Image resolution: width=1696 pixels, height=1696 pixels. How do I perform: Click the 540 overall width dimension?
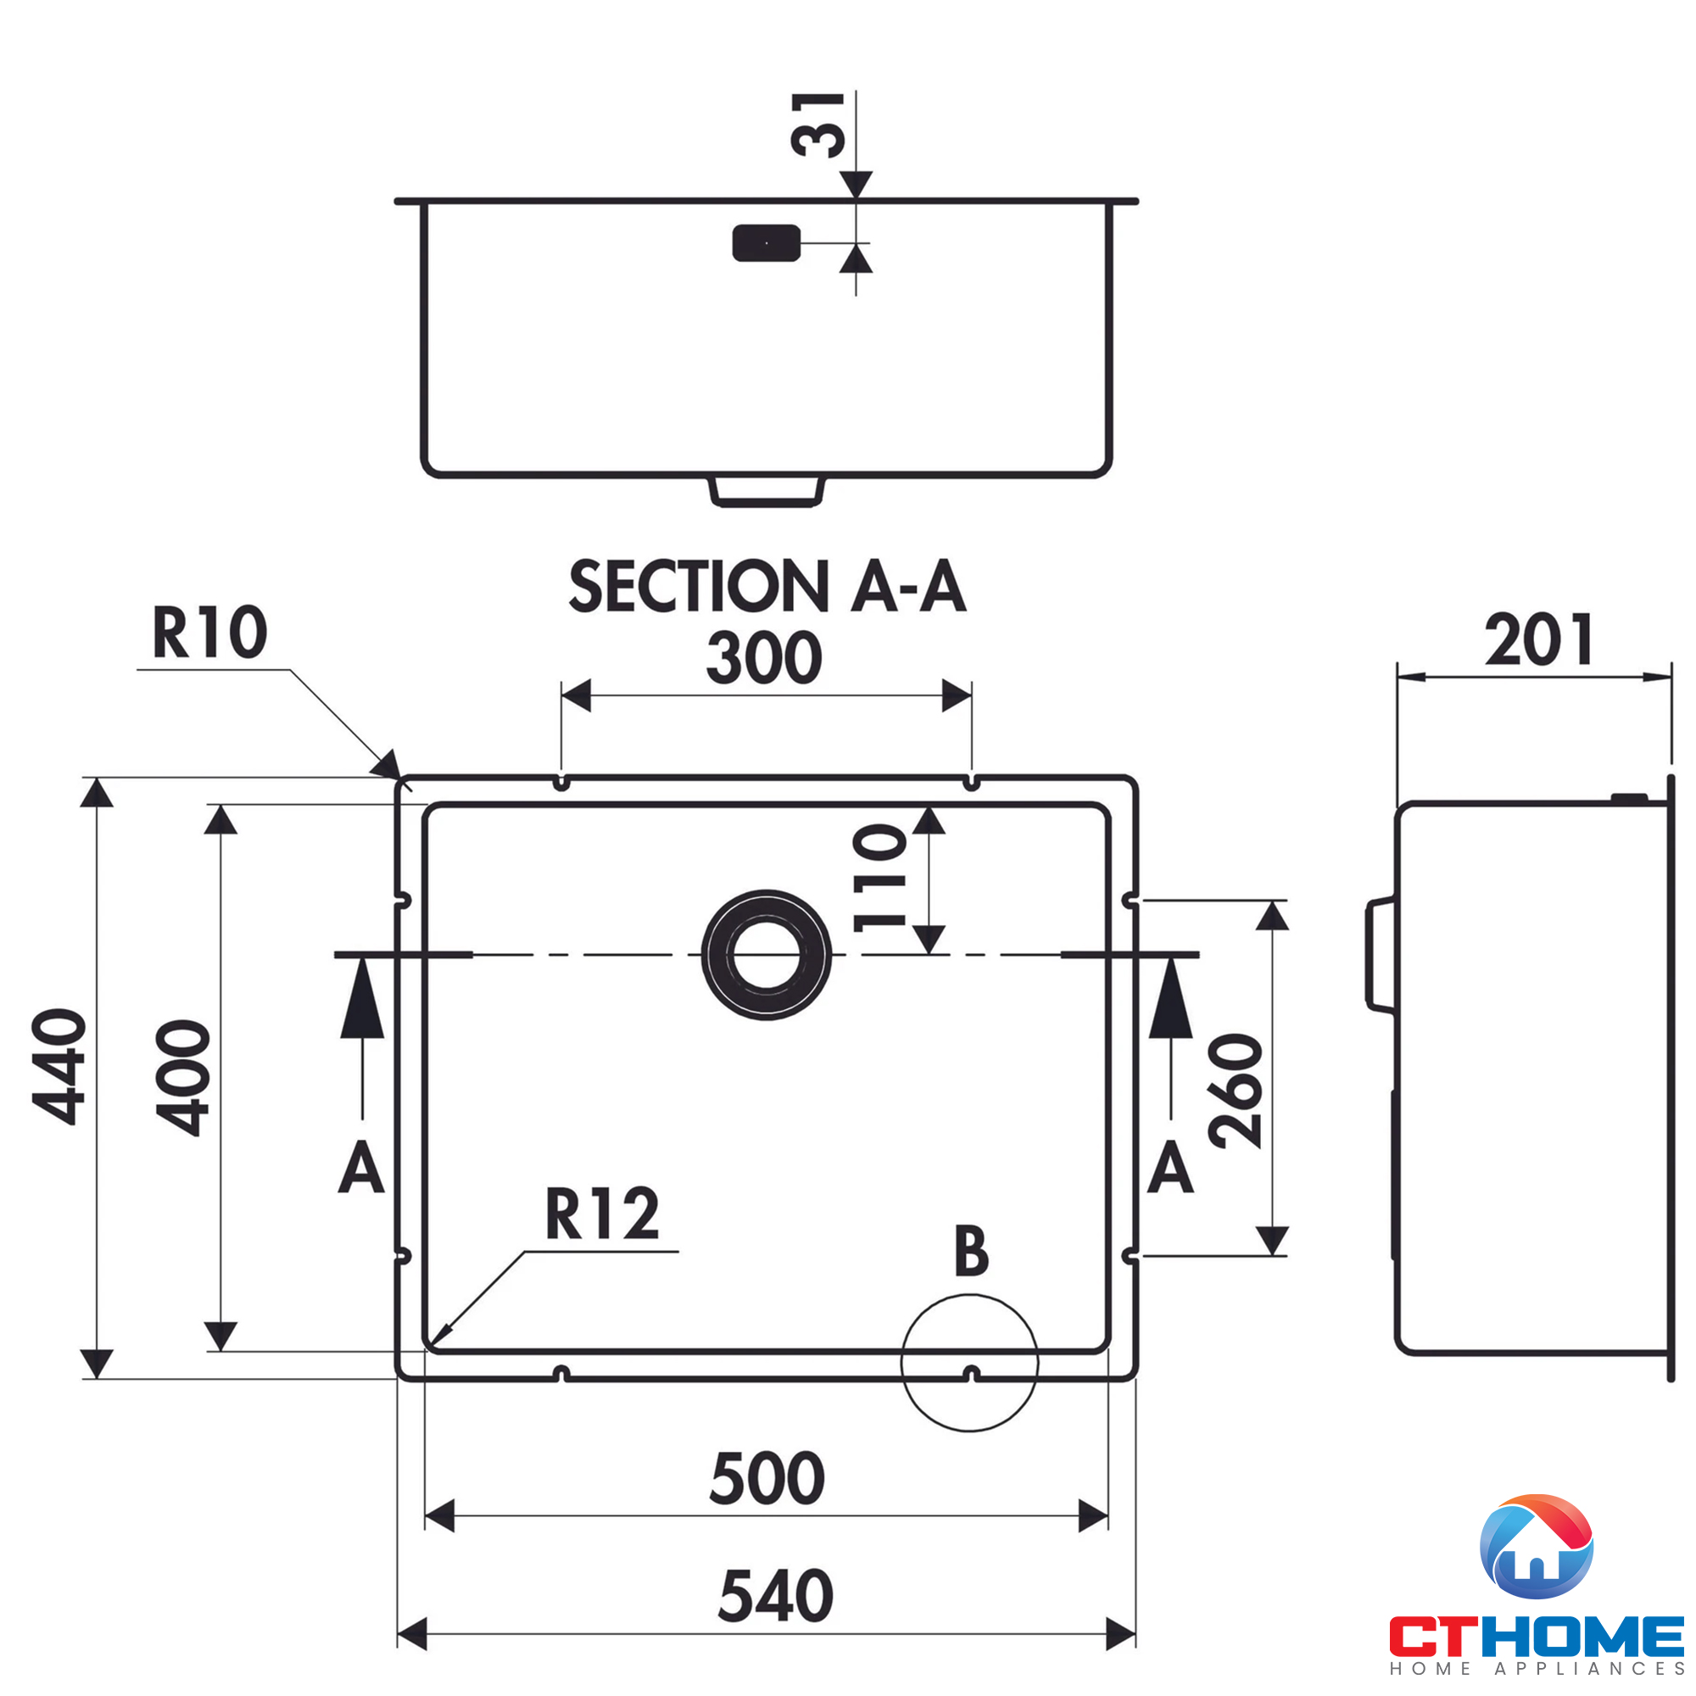pyautogui.click(x=775, y=1595)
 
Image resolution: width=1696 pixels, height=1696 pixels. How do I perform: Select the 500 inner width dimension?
pyautogui.click(x=767, y=1478)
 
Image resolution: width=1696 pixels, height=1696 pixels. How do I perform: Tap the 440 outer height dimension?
pyautogui.click(x=59, y=1067)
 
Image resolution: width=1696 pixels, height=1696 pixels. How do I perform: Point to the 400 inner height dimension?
pyautogui.click(x=183, y=1077)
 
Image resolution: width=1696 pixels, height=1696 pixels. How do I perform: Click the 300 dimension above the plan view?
pyautogui.click(x=764, y=658)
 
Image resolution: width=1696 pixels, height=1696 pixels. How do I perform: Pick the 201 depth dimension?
pyautogui.click(x=1539, y=641)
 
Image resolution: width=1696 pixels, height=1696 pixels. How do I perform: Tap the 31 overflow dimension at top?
pyautogui.click(x=818, y=125)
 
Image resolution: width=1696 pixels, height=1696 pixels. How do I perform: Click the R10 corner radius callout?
pyautogui.click(x=209, y=632)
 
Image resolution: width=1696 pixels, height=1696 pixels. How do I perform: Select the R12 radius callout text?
pyautogui.click(x=602, y=1214)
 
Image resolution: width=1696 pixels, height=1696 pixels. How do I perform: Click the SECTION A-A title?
pyautogui.click(x=767, y=587)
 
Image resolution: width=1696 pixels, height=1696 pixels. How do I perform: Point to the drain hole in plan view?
pyautogui.click(x=767, y=954)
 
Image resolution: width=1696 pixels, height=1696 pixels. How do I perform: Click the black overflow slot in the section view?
pyautogui.click(x=767, y=243)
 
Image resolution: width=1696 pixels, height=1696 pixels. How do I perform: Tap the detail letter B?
pyautogui.click(x=971, y=1251)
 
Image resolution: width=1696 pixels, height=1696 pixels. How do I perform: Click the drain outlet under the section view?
pyautogui.click(x=767, y=492)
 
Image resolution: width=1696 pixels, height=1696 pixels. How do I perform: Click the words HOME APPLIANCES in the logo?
pyautogui.click(x=1537, y=1668)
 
